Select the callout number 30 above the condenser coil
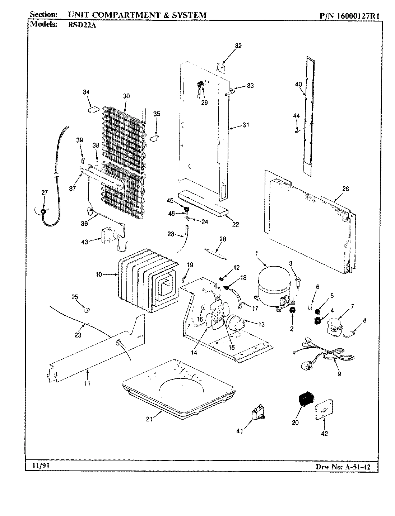(x=126, y=96)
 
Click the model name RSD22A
(x=76, y=24)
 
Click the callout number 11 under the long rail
(x=87, y=383)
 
